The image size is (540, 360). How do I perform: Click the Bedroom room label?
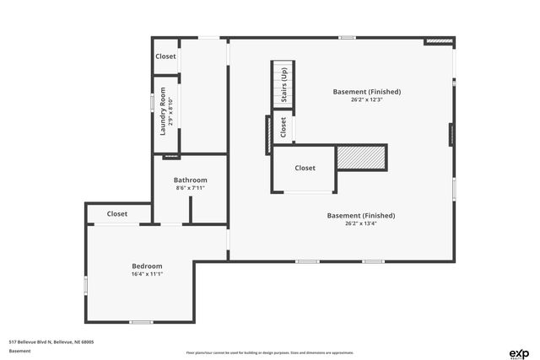coord(146,266)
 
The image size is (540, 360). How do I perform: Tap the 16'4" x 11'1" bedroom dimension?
coord(146,275)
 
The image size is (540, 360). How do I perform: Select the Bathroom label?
coord(190,180)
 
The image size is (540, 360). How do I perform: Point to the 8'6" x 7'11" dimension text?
coord(190,188)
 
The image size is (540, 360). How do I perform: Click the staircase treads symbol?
coord(281,84)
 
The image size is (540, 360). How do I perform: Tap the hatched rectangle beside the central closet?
coord(361,157)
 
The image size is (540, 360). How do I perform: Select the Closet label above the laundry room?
coord(165,56)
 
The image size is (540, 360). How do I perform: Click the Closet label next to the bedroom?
coord(117,214)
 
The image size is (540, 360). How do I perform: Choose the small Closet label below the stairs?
coord(283,127)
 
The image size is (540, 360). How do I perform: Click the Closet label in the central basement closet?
coord(305,168)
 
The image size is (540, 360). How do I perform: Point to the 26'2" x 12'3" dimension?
coord(365,99)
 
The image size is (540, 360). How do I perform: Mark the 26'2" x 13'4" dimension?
coord(360,224)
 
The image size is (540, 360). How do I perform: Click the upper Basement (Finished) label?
coord(365,91)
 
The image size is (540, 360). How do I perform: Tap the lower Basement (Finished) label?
coord(360,216)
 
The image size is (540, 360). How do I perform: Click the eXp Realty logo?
coord(518,352)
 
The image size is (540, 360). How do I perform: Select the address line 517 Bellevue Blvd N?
coord(51,341)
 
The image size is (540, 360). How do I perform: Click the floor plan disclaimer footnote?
coord(269,352)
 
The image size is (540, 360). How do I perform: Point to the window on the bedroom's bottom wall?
coord(141,322)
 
